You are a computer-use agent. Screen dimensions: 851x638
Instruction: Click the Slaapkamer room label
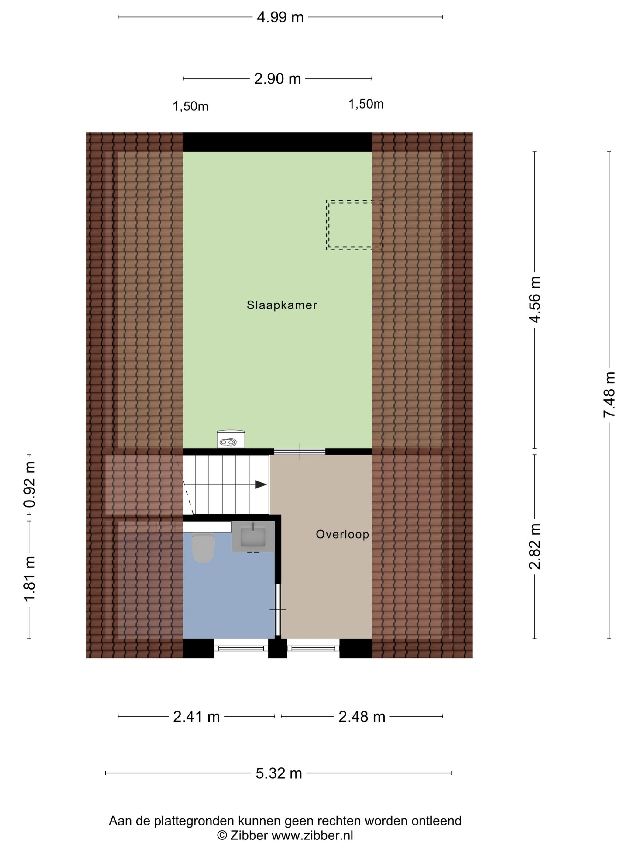282,305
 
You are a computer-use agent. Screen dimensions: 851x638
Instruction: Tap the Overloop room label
342,534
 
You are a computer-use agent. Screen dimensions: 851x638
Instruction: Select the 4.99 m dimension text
280,17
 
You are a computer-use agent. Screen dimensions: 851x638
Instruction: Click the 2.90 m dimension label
277,79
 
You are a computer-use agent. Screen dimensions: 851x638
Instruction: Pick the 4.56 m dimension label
535,300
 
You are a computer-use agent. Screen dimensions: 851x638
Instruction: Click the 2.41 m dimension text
196,717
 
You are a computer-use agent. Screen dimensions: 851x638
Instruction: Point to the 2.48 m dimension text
362,717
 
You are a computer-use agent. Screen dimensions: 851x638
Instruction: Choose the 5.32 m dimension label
279,773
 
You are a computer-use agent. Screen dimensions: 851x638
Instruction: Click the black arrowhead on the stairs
261,485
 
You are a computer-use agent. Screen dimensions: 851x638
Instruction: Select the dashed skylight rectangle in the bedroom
354,225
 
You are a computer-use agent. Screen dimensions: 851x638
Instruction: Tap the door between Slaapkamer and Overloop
300,452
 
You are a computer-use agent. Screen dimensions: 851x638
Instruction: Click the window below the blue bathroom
241,648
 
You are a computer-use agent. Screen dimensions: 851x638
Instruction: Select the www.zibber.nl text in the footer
312,835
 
